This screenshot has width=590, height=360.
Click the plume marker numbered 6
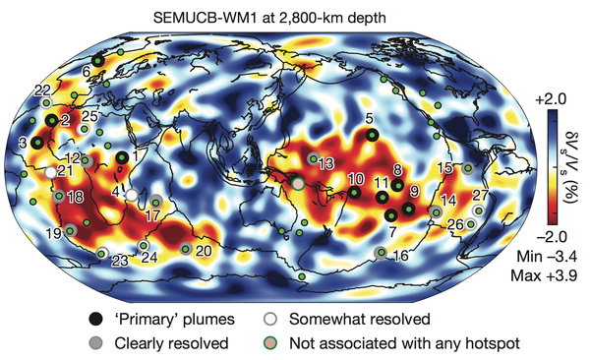(97, 60)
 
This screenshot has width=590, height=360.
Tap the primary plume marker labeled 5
(372, 135)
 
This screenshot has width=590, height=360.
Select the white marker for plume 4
(132, 195)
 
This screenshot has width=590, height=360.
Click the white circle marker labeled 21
(50, 172)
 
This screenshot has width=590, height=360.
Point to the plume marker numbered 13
(313, 159)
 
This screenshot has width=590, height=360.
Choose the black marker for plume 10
(354, 193)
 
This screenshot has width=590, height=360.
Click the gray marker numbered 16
(382, 253)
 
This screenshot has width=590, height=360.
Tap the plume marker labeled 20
(186, 248)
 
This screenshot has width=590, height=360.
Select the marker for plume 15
(468, 168)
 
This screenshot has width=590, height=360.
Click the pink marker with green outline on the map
(298, 184)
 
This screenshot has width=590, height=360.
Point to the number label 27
(481, 196)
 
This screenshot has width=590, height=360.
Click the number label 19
(54, 233)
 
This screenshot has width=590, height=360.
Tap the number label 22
(42, 90)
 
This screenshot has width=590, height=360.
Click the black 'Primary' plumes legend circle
(95, 320)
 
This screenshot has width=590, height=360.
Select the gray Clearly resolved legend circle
(95, 343)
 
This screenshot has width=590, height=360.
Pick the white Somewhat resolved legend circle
(270, 319)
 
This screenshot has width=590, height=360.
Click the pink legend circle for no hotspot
(270, 343)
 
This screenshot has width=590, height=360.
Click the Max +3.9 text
(544, 275)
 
